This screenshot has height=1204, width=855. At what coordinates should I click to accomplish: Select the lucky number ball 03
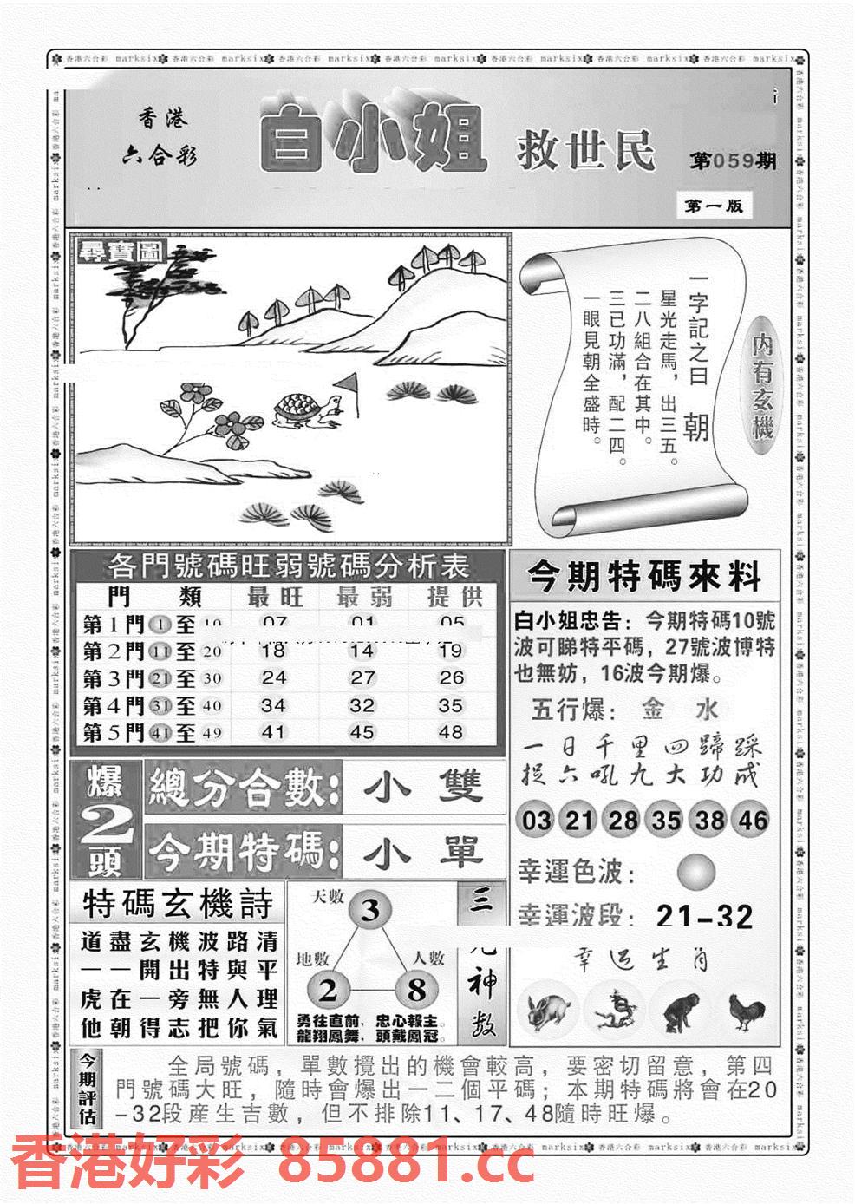click(537, 820)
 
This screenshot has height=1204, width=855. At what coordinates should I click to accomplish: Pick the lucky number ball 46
click(751, 820)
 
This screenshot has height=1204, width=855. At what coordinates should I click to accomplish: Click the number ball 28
click(622, 820)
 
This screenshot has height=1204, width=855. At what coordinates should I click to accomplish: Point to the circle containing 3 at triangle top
click(370, 910)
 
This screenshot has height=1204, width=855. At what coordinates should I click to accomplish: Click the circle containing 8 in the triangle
click(416, 990)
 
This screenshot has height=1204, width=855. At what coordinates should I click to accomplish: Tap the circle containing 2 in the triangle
click(328, 990)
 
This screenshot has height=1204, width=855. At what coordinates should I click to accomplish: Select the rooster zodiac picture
click(746, 1011)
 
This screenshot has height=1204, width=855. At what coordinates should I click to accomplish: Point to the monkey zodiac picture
click(682, 1011)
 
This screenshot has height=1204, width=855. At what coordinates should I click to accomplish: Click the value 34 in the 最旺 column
click(273, 705)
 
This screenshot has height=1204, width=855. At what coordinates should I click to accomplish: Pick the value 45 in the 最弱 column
click(362, 732)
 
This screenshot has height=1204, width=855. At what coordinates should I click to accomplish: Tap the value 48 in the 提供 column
click(450, 732)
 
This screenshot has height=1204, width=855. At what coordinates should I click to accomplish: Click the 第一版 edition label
click(714, 206)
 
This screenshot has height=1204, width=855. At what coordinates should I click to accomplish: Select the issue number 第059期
click(733, 162)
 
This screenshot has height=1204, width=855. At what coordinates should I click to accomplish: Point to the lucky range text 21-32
click(704, 916)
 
